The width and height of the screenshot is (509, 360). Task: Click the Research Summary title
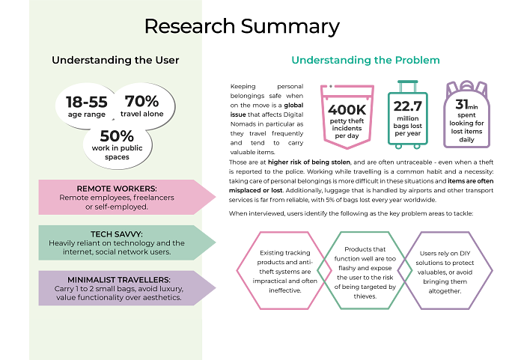tap(242, 26)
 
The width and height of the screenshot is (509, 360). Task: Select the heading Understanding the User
tap(115, 60)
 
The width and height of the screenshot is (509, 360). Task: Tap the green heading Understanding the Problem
tap(365, 60)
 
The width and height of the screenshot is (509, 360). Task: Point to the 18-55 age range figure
tap(86, 102)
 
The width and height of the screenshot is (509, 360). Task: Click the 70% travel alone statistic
tap(142, 101)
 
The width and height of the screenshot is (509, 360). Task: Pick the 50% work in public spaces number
tap(117, 136)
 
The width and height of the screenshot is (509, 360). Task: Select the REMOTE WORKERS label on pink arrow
tap(117, 189)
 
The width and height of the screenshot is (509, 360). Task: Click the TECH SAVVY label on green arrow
tap(117, 234)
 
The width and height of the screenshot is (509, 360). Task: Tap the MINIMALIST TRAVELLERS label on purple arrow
tap(119, 279)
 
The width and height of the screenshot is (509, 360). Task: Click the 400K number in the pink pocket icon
tap(347, 110)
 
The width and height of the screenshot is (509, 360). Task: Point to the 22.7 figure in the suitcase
tap(408, 106)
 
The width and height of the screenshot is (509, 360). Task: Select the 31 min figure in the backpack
tap(466, 105)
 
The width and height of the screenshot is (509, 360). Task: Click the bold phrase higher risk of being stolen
tap(309, 162)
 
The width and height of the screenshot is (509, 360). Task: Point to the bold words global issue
tap(266, 110)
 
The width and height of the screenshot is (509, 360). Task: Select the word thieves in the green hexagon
tap(365, 296)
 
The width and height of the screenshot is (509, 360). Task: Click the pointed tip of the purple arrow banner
tap(216, 288)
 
